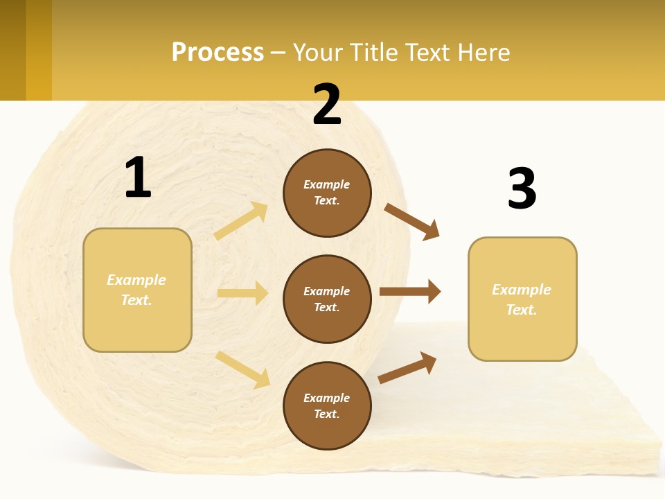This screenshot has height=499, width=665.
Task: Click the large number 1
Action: click(138, 177)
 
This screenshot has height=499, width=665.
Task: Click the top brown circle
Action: click(327, 193)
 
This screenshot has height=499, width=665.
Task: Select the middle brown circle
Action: click(327, 299)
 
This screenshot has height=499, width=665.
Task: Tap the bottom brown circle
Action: click(327, 405)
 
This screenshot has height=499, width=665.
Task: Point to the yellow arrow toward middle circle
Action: click(242, 293)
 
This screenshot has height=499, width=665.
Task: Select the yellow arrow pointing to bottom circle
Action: click(242, 369)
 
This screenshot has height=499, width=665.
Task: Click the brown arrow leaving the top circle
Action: click(411, 221)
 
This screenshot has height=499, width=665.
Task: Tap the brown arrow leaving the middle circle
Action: click(410, 292)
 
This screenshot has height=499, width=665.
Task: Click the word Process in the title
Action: click(218, 53)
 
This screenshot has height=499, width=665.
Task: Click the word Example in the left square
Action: click(136, 280)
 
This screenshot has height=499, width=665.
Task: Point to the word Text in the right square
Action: click(522, 310)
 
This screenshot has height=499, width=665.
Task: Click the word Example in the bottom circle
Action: click(327, 398)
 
